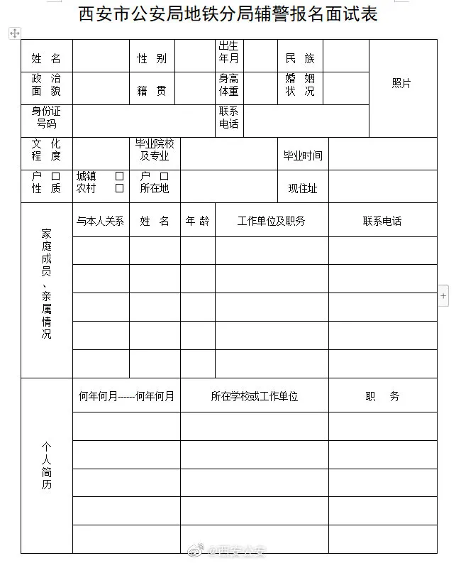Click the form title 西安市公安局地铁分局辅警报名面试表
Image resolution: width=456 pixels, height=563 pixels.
[x=227, y=13]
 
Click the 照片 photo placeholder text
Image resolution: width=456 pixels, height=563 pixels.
[x=401, y=83]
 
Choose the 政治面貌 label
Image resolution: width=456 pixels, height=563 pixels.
[x=46, y=84]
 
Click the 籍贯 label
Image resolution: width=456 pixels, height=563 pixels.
[x=152, y=91]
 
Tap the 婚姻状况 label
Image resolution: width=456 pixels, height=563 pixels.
[x=300, y=84]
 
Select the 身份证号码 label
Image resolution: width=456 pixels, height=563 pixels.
[x=46, y=117]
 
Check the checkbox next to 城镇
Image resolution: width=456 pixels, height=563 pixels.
[x=119, y=175]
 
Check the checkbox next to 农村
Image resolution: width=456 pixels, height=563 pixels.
[x=119, y=188]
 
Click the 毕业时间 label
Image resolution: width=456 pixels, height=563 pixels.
[x=303, y=155]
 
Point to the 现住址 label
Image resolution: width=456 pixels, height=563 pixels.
[x=303, y=188]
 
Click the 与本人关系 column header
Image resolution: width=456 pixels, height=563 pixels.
[x=100, y=221]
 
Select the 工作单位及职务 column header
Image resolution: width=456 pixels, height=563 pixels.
[x=271, y=221]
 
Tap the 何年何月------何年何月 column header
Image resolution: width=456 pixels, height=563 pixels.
[x=126, y=396]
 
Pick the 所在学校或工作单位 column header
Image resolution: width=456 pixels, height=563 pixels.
[x=254, y=396]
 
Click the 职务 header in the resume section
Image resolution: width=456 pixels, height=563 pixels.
[x=382, y=396]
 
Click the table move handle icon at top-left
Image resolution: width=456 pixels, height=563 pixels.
[x=14, y=33]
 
